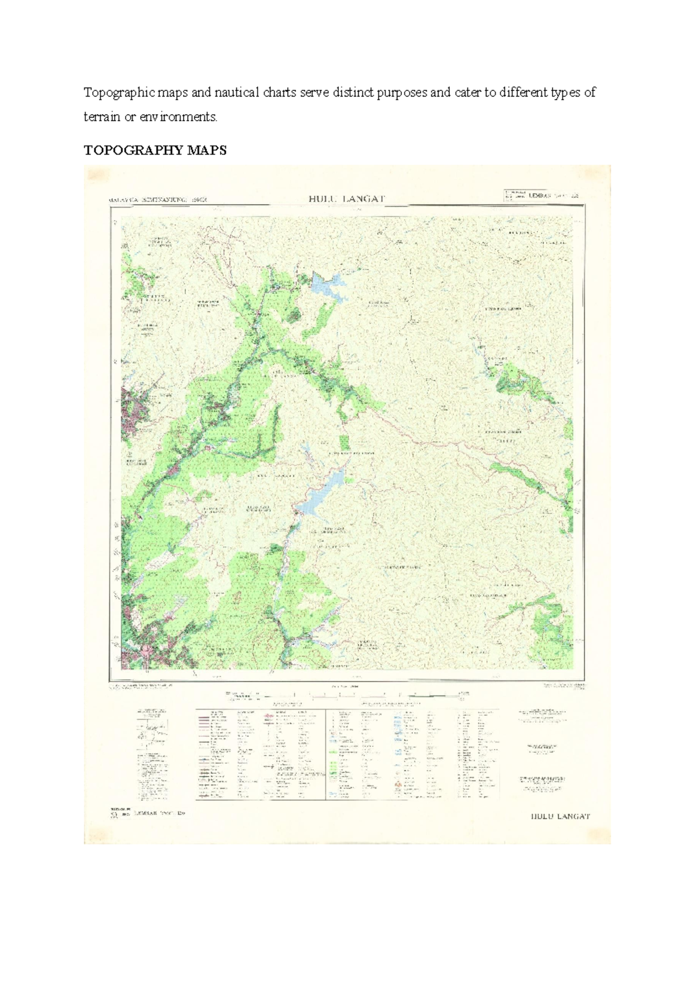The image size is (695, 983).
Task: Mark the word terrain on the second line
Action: click(102, 116)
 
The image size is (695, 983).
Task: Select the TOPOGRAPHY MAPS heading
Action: click(155, 151)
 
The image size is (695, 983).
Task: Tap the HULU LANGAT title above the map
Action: click(346, 199)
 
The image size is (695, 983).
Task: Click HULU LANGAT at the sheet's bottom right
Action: click(560, 817)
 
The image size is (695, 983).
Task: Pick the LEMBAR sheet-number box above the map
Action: click(542, 196)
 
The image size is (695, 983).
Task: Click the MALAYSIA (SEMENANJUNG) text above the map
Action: click(158, 200)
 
